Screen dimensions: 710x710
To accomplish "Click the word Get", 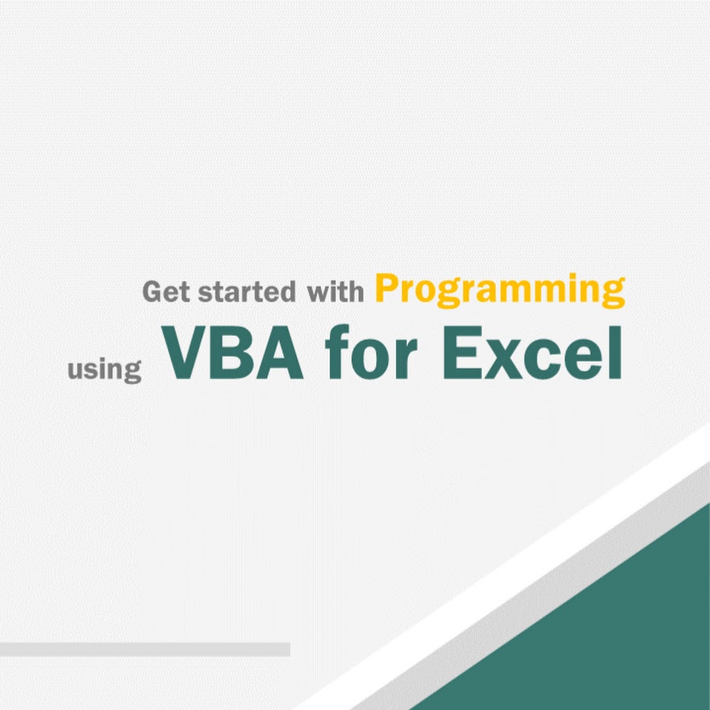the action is [x=166, y=292].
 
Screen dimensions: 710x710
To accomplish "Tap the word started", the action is [x=246, y=292].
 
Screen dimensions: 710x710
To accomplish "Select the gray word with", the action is [x=335, y=292].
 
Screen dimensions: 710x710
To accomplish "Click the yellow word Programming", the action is [x=500, y=290].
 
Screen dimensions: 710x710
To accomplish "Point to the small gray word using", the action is [x=105, y=371].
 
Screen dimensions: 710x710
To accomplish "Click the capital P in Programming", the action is [x=388, y=288].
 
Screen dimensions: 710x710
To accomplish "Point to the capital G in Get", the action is [x=152, y=292].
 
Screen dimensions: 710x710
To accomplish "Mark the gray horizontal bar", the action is [x=145, y=649].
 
